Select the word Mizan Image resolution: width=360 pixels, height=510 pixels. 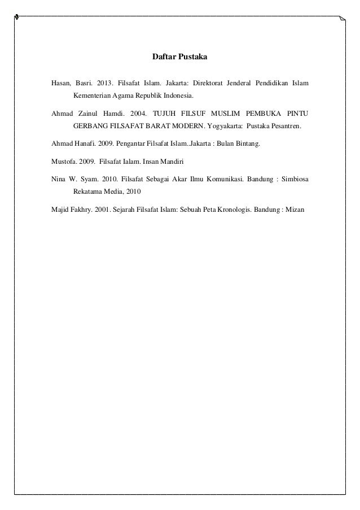[294, 210]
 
